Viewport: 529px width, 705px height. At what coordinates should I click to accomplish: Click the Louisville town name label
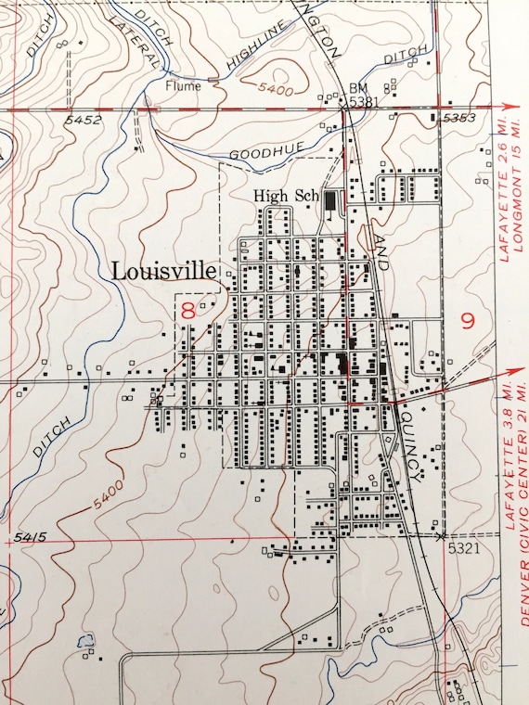tap(163, 272)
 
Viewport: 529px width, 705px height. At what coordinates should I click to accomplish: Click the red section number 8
tap(188, 311)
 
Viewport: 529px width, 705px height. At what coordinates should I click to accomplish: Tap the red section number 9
tap(467, 323)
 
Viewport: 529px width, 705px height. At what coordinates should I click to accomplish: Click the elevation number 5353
tap(458, 119)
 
